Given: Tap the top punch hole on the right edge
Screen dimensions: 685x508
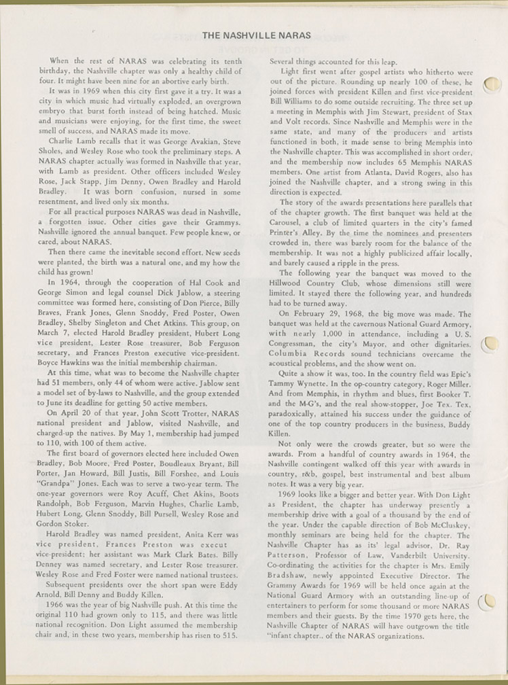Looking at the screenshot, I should pyautogui.click(x=492, y=84).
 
